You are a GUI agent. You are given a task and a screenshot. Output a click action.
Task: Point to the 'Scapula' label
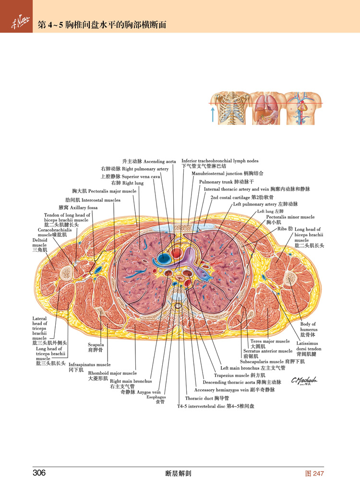(96, 347)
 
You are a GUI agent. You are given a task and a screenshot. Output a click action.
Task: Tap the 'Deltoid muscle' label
(40, 244)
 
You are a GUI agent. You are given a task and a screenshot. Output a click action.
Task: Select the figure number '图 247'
(315, 474)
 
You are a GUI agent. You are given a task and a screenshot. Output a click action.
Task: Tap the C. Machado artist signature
(304, 381)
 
